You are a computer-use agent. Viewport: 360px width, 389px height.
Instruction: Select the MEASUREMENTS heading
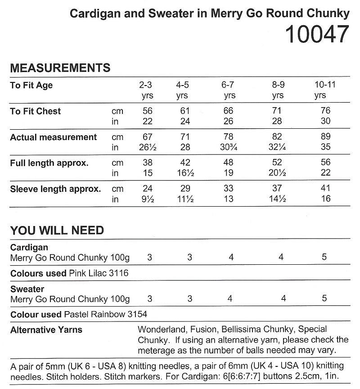60,68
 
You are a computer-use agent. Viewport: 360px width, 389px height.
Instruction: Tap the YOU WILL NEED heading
57,231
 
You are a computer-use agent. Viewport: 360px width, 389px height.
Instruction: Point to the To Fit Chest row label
36,111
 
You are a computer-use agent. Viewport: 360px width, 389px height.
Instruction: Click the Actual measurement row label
54,137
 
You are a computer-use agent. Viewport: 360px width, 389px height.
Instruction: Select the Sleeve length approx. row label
55,189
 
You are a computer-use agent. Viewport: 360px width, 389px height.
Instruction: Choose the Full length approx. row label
49,163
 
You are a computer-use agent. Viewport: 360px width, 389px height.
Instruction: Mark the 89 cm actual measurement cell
326,137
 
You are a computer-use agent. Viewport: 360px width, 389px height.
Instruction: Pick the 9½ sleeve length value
147,199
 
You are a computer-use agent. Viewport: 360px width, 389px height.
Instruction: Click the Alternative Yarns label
46,330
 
